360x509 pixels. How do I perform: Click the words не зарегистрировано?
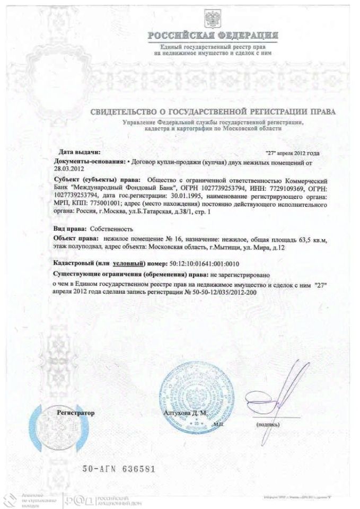tap(240, 276)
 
